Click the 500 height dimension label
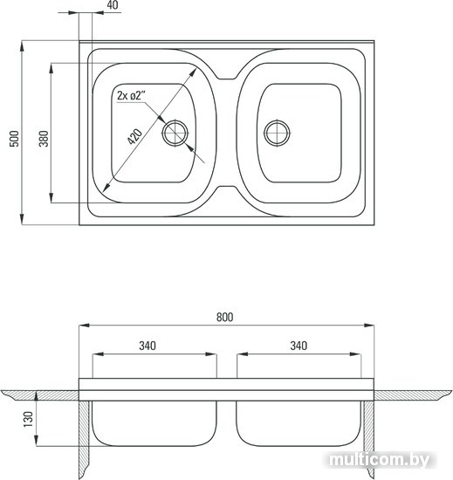[14, 139]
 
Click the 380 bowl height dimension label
[44, 139]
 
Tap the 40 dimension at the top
[113, 5]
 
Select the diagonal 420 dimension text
[134, 136]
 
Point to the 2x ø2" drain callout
[131, 95]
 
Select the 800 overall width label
[224, 317]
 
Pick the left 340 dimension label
[148, 346]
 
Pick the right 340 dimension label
[299, 346]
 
